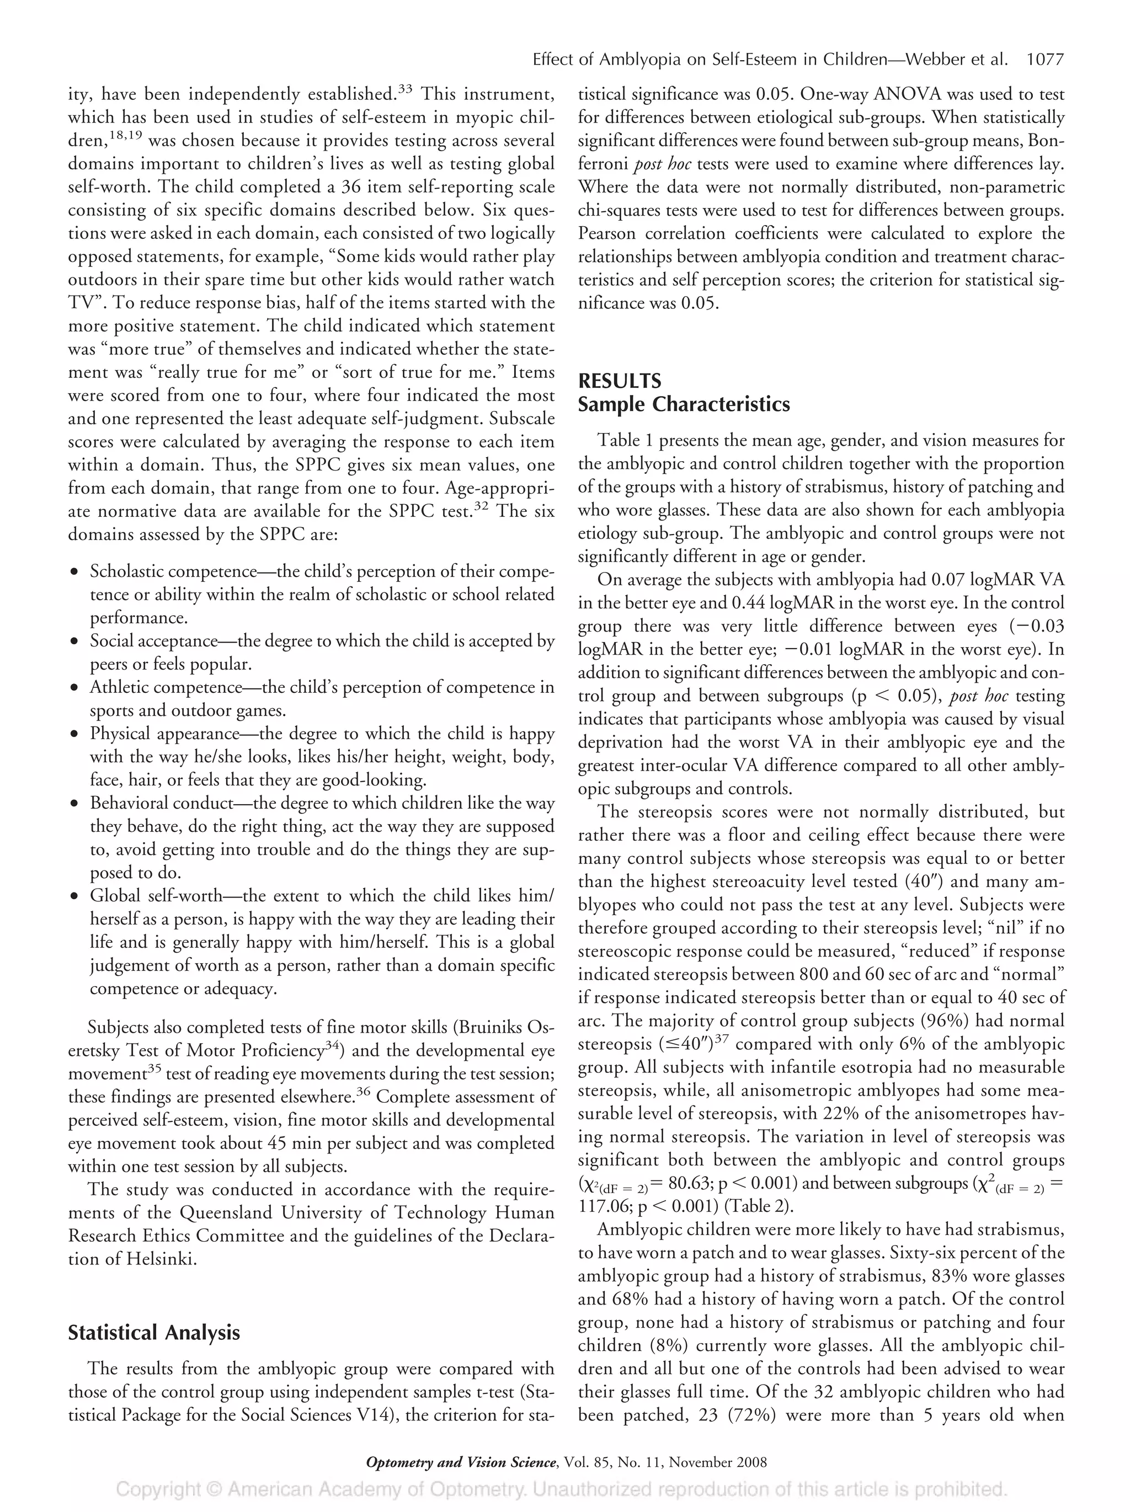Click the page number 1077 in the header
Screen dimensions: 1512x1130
[1044, 60]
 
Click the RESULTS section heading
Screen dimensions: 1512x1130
[619, 381]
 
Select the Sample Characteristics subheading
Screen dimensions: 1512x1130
[684, 405]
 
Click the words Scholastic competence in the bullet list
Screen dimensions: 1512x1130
[171, 571]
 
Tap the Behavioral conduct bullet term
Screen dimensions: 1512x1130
[161, 804]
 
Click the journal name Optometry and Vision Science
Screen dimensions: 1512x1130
[461, 1462]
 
